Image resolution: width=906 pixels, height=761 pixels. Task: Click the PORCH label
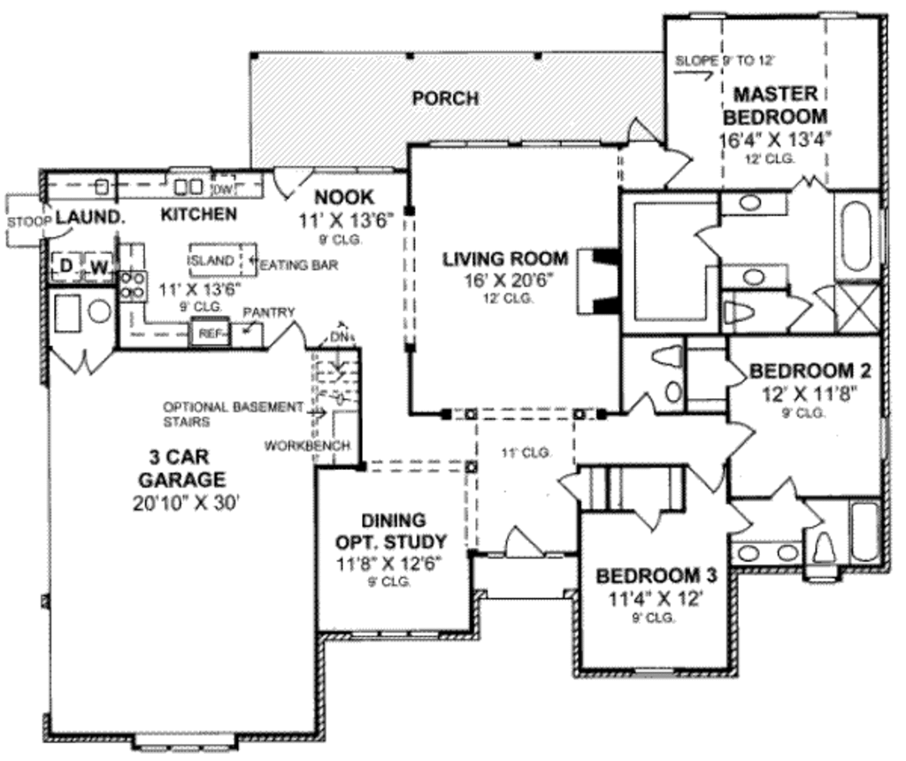tap(445, 98)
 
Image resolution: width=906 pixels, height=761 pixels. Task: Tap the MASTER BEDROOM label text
tap(775, 104)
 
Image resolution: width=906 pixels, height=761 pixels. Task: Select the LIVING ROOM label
tap(504, 259)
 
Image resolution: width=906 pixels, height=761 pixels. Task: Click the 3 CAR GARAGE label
tap(186, 469)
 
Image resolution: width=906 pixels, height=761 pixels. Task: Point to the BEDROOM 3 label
tap(656, 575)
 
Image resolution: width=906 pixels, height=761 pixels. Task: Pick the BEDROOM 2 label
tap(810, 370)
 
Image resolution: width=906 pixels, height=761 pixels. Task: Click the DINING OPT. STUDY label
tap(392, 531)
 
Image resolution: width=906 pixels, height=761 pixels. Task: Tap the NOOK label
tap(344, 197)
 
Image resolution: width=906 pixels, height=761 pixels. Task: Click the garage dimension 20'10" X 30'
tap(186, 502)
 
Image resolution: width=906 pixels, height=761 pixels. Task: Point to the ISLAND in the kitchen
tap(213, 261)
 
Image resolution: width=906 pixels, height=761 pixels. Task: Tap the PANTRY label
tap(269, 312)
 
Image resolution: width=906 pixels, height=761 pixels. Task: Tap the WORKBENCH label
tap(307, 445)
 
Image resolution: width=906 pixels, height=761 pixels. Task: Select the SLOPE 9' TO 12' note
tap(725, 61)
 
